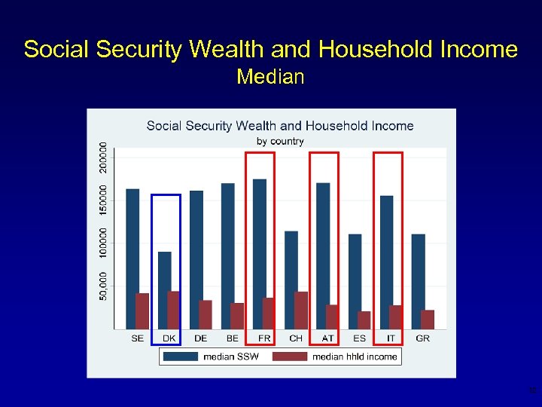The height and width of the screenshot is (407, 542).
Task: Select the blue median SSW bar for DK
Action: click(164, 290)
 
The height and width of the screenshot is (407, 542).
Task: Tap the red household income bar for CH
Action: click(301, 310)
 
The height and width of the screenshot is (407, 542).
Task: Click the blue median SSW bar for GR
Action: click(418, 281)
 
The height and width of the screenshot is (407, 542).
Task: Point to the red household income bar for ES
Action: click(364, 320)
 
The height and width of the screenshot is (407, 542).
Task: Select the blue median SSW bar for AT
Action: click(323, 256)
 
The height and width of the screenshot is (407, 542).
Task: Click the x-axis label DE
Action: click(200, 338)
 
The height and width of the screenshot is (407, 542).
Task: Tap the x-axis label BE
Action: click(232, 338)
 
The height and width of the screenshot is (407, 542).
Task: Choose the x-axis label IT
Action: click(391, 338)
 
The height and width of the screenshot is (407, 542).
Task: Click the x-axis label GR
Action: click(422, 338)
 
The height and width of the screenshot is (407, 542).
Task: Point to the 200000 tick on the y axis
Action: click(104, 156)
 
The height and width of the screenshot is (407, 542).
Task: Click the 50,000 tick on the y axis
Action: click(104, 285)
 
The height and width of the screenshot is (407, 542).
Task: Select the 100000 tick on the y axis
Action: click(104, 242)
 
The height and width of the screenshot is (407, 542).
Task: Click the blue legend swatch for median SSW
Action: click(181, 357)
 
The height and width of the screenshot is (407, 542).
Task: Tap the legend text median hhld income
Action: click(355, 357)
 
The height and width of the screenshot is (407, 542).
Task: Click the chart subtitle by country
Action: click(280, 141)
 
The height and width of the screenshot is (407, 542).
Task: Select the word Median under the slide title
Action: click(270, 77)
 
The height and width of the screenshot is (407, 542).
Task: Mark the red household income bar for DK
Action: click(173, 310)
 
